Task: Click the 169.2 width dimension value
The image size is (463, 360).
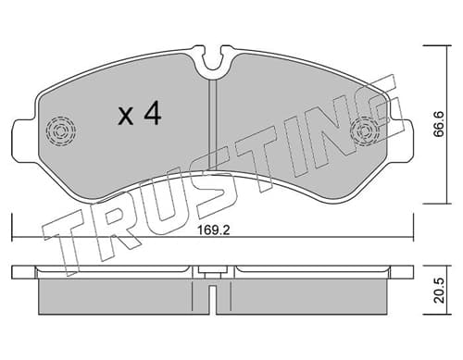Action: point(213,230)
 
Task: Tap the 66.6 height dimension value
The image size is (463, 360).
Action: point(438,124)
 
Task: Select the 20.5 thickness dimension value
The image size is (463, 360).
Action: point(438,291)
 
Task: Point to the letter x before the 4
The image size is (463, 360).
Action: point(126,117)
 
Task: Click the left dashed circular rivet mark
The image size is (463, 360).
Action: point(61,131)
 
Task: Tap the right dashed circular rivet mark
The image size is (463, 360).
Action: point(365,131)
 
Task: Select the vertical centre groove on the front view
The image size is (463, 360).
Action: point(213,124)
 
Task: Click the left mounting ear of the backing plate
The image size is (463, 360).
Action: point(25,141)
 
